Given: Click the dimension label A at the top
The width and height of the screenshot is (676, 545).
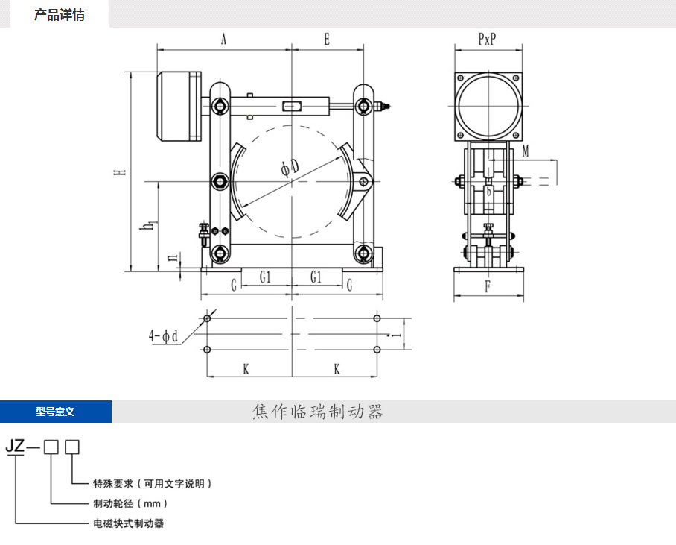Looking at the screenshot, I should [223, 40].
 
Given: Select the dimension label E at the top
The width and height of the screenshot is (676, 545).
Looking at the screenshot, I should [327, 40].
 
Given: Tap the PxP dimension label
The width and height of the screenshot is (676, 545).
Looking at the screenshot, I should [487, 40].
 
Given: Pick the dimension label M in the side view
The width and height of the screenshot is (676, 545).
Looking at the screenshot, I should [526, 151].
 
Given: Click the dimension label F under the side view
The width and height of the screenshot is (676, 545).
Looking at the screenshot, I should [488, 285].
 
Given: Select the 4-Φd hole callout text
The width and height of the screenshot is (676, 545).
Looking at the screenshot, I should [165, 336].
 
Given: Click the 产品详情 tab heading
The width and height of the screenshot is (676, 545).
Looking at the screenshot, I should [60, 15].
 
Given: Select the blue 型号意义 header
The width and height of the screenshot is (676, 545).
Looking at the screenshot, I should [55, 412].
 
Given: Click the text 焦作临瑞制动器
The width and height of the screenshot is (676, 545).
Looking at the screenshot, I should [317, 412].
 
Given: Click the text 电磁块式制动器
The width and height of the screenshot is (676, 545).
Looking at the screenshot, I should [127, 523].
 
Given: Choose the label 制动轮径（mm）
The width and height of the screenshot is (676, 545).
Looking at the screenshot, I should [126, 503].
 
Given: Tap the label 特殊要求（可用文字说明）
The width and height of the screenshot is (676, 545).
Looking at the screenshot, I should [152, 483].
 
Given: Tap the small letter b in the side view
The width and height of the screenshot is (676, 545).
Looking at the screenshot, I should [488, 191].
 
